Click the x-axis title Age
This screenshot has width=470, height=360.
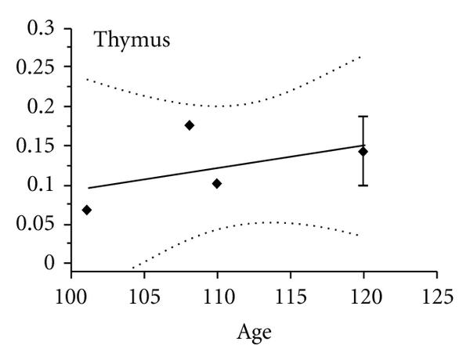click(x=254, y=333)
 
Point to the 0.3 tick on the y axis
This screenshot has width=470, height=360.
click(x=42, y=28)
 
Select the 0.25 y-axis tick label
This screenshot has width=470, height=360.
click(x=37, y=67)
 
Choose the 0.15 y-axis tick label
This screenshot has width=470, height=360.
click(x=37, y=146)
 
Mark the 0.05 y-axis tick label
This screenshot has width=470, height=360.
click(x=37, y=225)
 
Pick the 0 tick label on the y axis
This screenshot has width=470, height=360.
click(x=52, y=263)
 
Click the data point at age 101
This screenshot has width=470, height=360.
click(x=86, y=210)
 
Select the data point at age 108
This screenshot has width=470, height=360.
click(x=189, y=125)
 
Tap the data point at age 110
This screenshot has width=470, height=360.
click(x=217, y=183)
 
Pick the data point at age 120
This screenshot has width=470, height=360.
click(x=363, y=151)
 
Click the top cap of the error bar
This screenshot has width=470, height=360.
click(x=363, y=117)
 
